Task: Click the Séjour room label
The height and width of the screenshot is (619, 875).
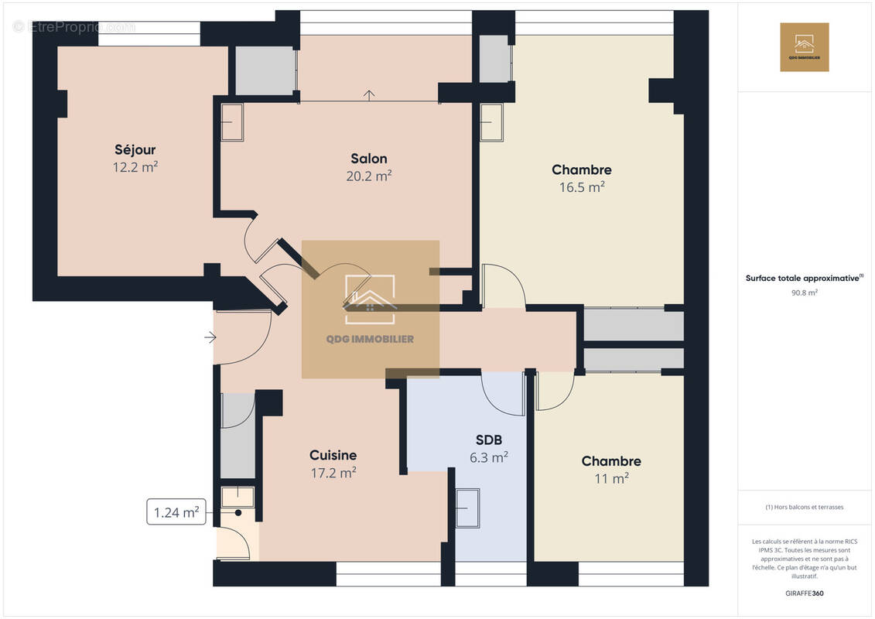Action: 135,149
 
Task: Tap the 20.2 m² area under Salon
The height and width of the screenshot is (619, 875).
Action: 369,176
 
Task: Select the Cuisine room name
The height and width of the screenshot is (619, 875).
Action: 333,455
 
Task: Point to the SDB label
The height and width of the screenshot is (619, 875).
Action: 489,439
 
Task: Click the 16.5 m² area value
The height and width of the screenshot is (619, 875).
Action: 582,186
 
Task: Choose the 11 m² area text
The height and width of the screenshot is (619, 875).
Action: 610,479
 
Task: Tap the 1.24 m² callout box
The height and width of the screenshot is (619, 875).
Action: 176,511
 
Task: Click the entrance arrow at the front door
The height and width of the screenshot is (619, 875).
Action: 210,337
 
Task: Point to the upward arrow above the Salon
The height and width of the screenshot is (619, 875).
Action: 370,95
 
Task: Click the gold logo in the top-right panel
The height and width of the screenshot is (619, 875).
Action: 804,47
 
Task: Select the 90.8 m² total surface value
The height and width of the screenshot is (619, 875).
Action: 804,292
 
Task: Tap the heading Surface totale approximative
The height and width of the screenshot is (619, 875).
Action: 802,278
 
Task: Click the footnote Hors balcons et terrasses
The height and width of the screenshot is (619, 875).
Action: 804,507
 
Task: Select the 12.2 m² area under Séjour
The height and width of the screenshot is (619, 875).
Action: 135,166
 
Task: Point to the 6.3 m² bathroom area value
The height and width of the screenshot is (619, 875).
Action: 489,457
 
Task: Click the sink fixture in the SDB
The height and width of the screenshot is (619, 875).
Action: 467,508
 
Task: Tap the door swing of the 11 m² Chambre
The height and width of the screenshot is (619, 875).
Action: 552,391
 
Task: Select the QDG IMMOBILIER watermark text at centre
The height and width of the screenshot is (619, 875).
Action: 370,339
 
